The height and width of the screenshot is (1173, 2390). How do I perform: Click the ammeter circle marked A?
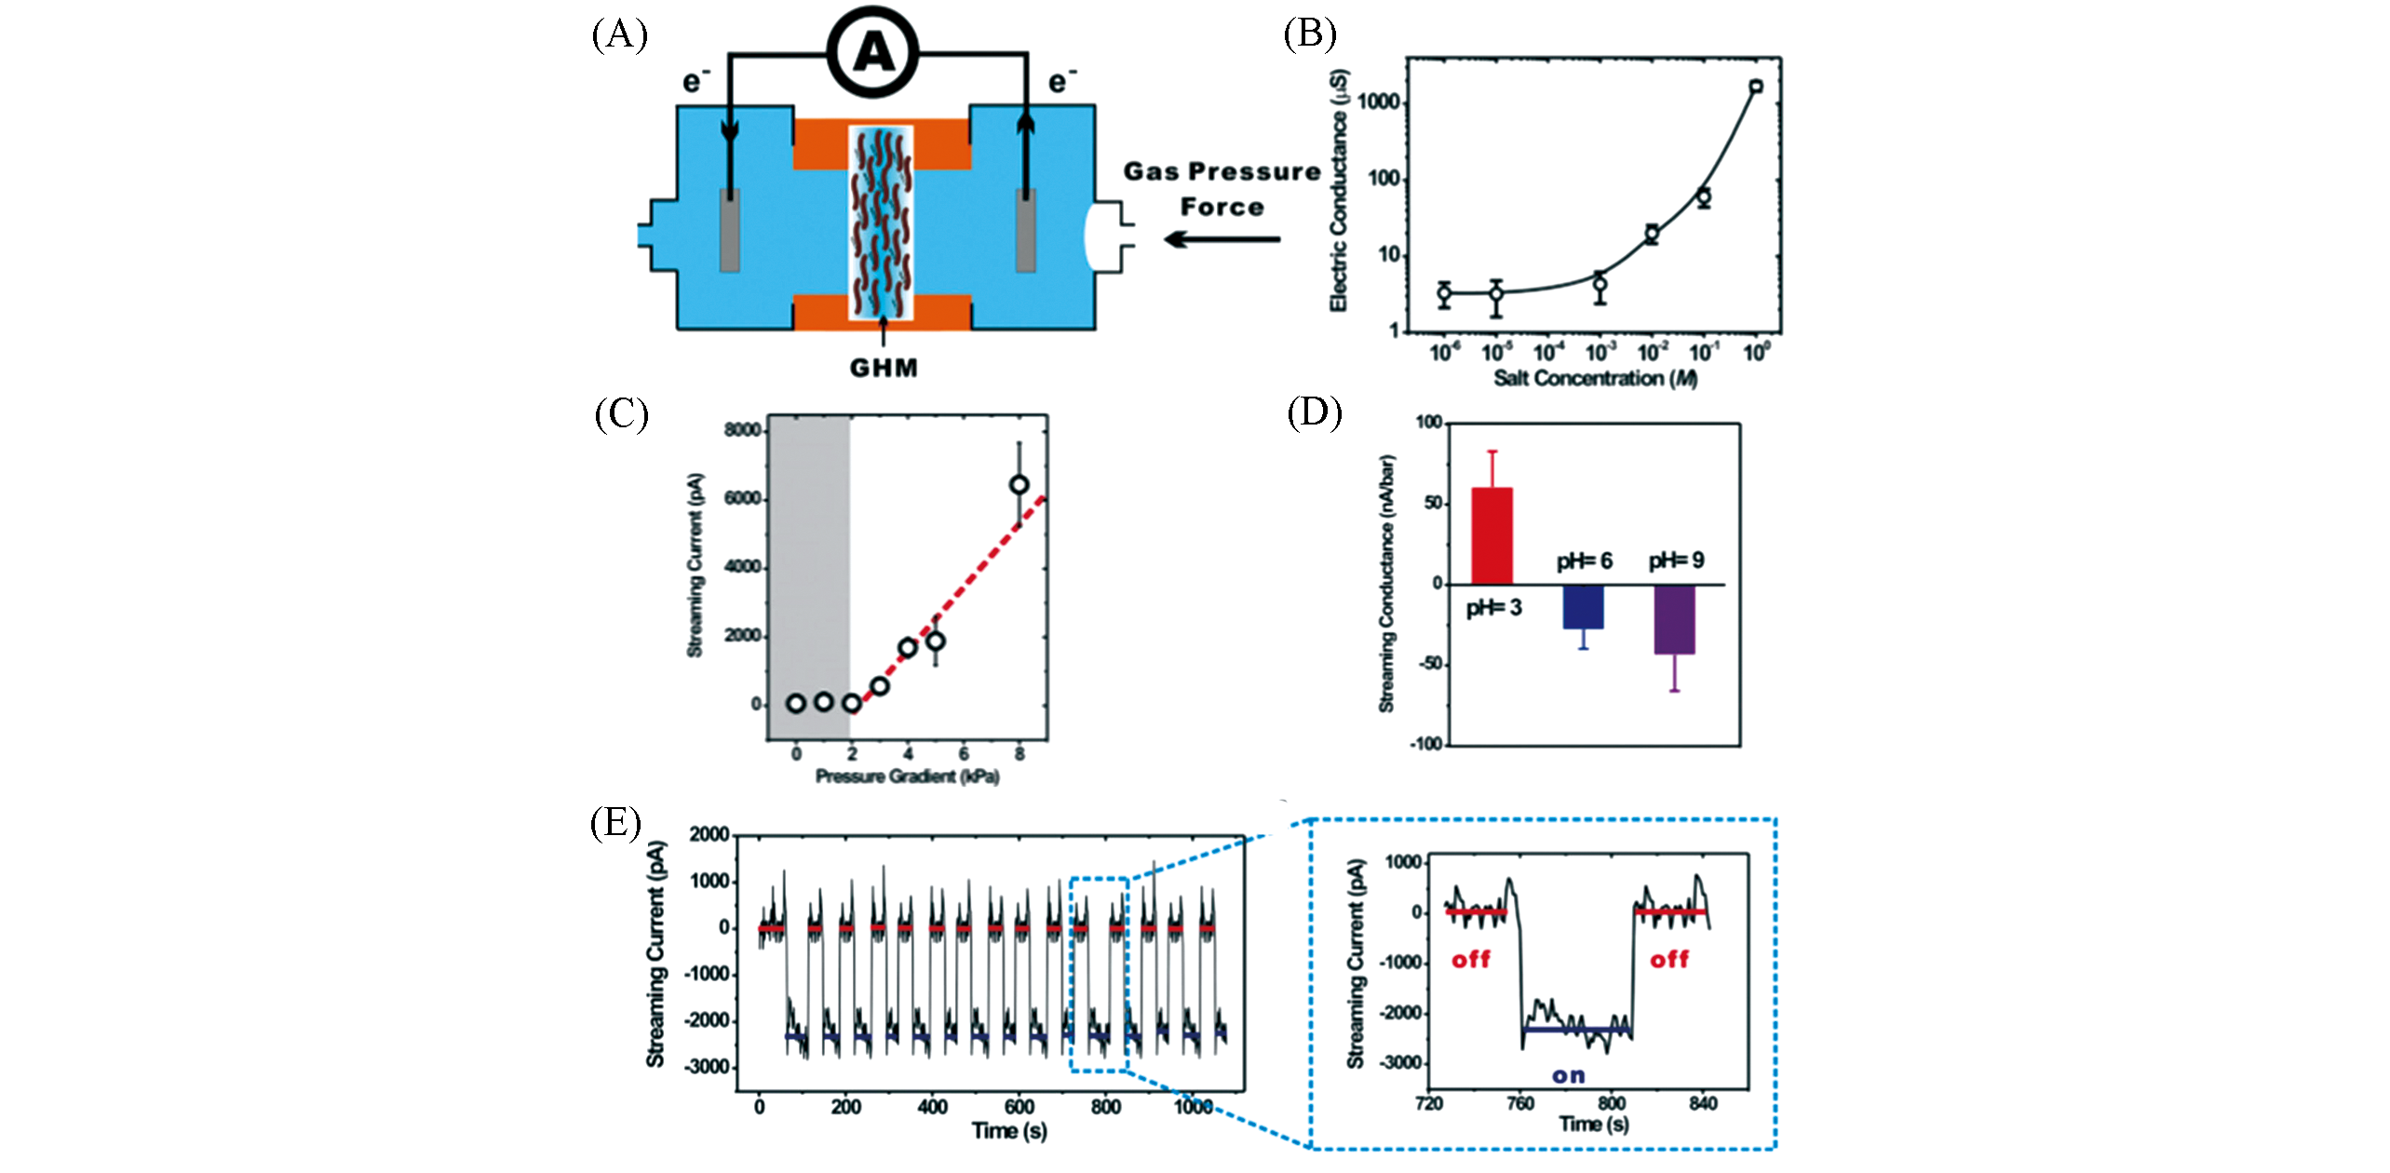(x=872, y=52)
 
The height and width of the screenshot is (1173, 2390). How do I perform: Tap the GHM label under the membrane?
(x=883, y=368)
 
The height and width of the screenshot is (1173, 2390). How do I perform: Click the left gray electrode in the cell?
(x=730, y=230)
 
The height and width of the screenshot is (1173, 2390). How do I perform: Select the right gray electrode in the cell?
(x=1025, y=230)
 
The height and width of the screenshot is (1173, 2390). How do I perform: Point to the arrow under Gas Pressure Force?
(x=1222, y=239)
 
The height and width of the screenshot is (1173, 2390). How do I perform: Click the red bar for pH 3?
(x=1491, y=535)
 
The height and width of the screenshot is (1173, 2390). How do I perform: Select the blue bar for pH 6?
(x=1583, y=606)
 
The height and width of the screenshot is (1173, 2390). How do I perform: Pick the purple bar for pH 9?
(x=1674, y=619)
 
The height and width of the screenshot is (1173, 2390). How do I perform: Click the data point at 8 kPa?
(x=1019, y=484)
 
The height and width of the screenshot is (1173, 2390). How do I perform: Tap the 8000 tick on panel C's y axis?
(x=742, y=430)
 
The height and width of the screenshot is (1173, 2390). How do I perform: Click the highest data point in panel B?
(x=1756, y=87)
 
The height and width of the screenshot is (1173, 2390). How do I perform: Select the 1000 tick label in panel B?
(x=1379, y=101)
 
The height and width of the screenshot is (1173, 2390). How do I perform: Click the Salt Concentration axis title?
(x=1595, y=378)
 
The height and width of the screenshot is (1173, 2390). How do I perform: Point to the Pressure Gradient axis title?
(x=907, y=776)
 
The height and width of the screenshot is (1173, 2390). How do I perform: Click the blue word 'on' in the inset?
(x=1568, y=1075)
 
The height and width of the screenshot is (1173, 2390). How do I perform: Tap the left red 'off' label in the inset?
(x=1471, y=959)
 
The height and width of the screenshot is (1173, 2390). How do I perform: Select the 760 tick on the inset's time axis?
(x=1519, y=1103)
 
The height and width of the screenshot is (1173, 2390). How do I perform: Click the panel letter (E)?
(x=615, y=823)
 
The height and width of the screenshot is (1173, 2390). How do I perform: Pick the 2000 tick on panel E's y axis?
(x=709, y=834)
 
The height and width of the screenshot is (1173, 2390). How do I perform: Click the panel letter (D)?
(x=1314, y=411)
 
